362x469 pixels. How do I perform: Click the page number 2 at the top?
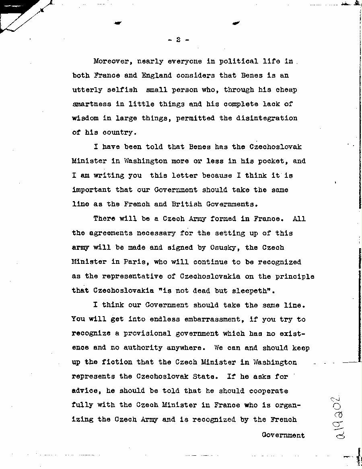pos(177,40)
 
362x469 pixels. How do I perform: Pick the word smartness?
pos(92,104)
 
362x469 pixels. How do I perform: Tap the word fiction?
pos(109,362)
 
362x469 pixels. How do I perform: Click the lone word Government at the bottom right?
pos(283,435)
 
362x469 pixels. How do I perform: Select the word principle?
pos(293,276)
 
